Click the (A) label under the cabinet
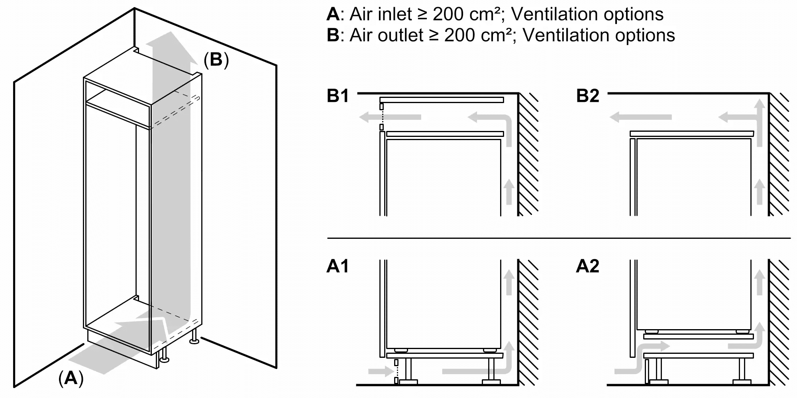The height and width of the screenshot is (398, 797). point(71,378)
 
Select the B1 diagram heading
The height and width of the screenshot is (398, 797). point(338,96)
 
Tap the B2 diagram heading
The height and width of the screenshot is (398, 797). point(587,96)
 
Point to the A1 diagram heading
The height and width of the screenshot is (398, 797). point(338,266)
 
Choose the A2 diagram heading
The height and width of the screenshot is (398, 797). point(587,266)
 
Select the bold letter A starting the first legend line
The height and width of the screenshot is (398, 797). point(332,14)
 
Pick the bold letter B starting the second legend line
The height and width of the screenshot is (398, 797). point(332,35)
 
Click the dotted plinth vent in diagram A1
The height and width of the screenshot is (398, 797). point(396,372)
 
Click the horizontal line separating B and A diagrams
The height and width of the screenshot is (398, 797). point(558,238)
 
